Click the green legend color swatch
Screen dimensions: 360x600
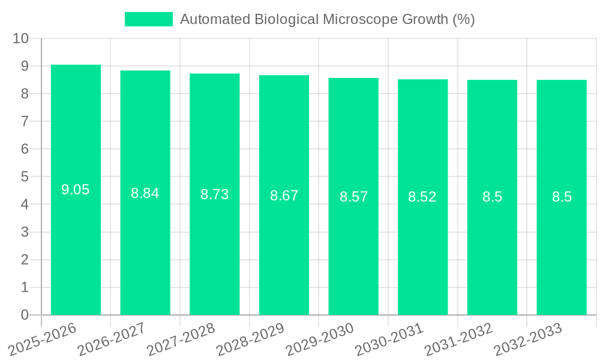point(148,19)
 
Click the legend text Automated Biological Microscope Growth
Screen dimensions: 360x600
point(327,19)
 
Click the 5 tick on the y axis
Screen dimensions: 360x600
point(25,177)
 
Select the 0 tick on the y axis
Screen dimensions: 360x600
point(25,315)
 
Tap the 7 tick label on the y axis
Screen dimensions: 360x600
point(25,121)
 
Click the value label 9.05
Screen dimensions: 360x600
point(76,190)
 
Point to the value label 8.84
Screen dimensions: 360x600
point(145,193)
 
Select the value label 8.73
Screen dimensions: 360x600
point(214,194)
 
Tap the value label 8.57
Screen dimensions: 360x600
point(353,197)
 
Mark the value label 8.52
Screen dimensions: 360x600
point(422,197)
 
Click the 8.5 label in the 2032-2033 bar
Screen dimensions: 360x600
point(562,197)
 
